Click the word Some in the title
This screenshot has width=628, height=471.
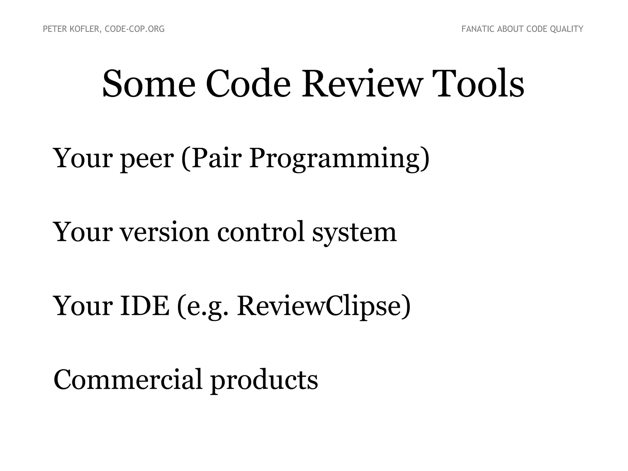click(x=149, y=83)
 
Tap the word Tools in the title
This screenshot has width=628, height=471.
click(x=480, y=83)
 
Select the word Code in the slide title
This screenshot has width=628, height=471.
click(x=248, y=83)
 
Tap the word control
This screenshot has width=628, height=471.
click(x=261, y=232)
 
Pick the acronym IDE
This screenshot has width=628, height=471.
click(x=144, y=306)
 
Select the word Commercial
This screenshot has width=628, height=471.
click(x=128, y=380)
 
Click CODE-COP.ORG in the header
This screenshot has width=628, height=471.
click(x=135, y=29)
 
